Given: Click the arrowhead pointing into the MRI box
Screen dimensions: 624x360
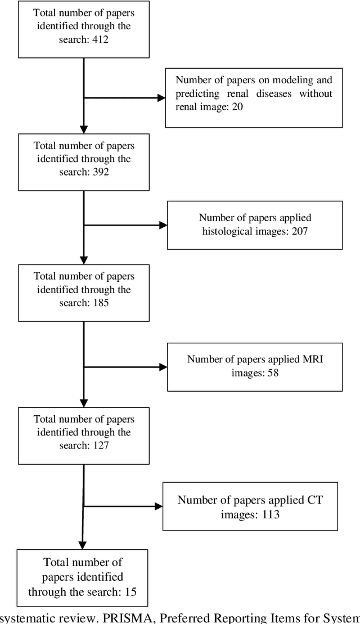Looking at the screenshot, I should (163, 367).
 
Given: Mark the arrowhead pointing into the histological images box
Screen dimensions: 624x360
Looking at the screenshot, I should (163, 225).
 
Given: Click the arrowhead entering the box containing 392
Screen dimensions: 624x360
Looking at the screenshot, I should (83, 129).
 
